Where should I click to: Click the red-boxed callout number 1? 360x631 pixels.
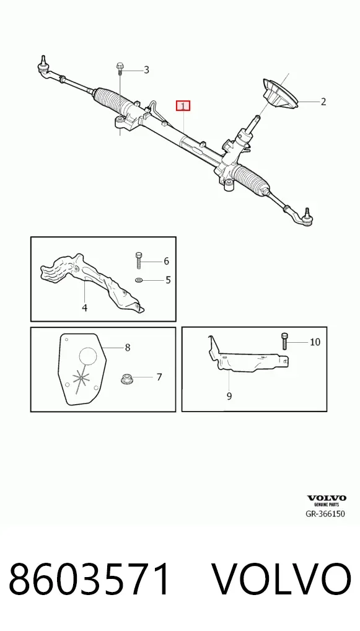tap(183, 106)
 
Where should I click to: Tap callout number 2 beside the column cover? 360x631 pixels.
tap(323, 102)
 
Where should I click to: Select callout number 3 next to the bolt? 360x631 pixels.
tap(146, 70)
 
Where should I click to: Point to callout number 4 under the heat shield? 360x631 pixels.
tap(84, 308)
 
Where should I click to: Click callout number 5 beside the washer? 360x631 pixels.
tap(168, 280)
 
